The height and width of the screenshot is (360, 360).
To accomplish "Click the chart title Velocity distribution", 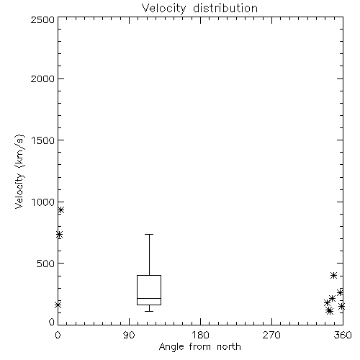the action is pos(199,8).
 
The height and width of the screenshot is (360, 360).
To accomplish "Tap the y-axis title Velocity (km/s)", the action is pos(19,171).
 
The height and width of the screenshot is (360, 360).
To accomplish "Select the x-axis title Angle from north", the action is pos(199,347).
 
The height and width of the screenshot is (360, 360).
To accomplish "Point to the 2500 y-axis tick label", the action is pos(42,19).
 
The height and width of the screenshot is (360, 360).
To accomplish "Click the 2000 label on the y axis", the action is pos(42,78).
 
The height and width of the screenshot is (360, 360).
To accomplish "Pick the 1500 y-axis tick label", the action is pos(43,140).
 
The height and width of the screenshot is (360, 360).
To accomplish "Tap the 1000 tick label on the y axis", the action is pos(43,202).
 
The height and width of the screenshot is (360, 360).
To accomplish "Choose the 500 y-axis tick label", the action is pos(45,264).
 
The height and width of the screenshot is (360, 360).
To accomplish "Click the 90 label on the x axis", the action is pos(129,335).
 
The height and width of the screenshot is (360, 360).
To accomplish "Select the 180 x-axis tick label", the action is pos(200,335).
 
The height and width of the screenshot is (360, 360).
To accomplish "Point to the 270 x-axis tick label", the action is pos(271,335).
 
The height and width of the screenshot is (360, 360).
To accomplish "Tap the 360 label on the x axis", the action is pos(343,335).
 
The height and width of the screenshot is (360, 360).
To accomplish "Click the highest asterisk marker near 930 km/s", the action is pos(61,210).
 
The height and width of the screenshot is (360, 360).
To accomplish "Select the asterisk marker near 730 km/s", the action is pos(59,235).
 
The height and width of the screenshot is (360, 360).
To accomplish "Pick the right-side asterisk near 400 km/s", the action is pos(333,275).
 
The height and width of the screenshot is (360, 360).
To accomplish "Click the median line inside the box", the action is pos(149,298).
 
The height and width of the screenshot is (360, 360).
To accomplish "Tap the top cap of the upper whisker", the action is pos(149,234).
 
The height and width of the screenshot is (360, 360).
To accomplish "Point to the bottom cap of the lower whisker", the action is pos(149,311).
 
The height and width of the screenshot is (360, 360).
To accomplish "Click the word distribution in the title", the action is pos(225,8).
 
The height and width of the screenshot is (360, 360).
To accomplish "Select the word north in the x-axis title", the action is pos(229,347).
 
